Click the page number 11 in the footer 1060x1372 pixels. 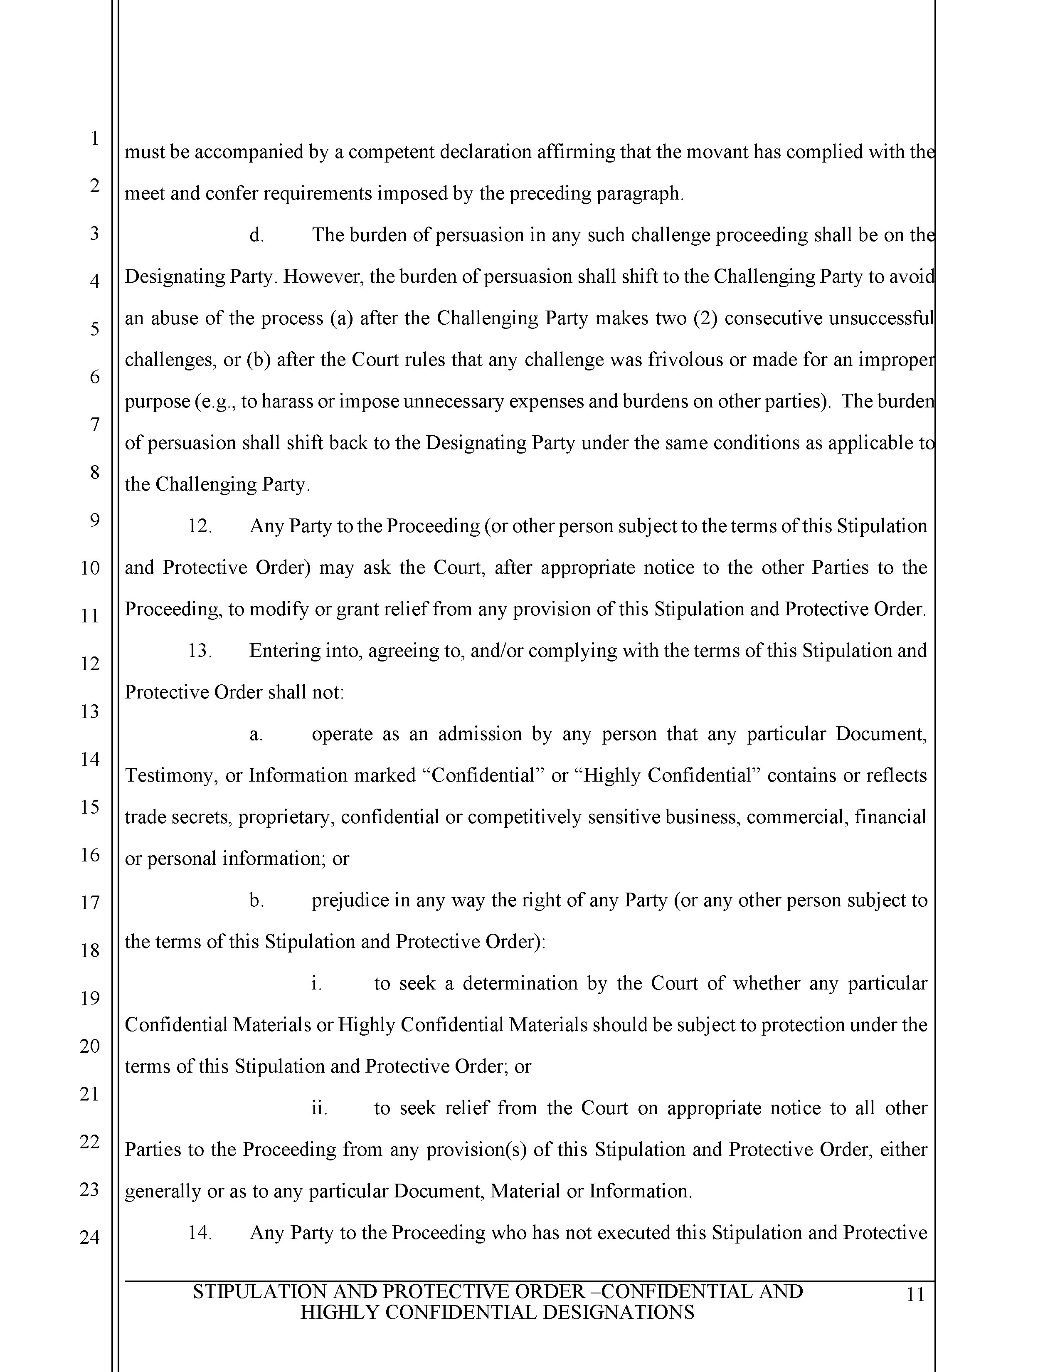point(916,1295)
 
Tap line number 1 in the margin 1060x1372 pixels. point(94,138)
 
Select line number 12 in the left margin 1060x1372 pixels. point(90,664)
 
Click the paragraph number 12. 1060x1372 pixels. point(200,526)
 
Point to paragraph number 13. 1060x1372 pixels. point(200,650)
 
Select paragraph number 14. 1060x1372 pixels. point(200,1233)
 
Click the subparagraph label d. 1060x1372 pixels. point(256,235)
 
